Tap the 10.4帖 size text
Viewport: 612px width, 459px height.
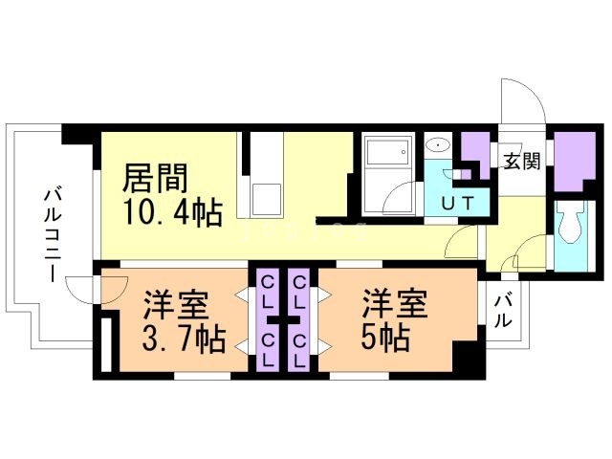pyautogui.click(x=171, y=212)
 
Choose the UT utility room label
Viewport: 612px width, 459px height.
pyautogui.click(x=462, y=202)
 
